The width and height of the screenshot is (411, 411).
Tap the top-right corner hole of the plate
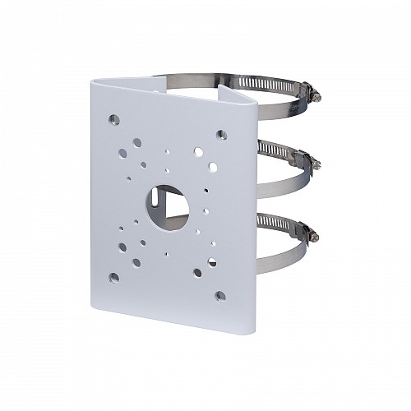pos(220,134)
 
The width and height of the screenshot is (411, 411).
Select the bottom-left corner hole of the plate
pos(113,277)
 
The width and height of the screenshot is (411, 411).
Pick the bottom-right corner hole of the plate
pos(219,295)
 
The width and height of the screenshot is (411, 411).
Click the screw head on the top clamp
pos(316,97)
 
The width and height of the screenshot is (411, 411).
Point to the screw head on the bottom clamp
pos(315,235)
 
